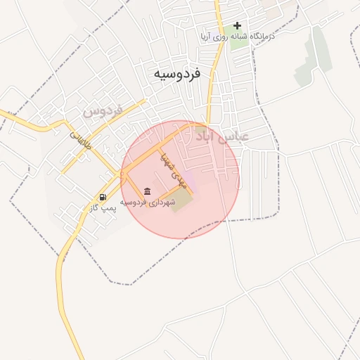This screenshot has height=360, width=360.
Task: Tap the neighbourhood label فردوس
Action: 103,110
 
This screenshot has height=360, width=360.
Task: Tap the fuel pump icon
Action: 103,197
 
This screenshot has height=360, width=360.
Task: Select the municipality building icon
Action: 146,191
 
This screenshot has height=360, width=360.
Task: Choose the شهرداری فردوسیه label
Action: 147,202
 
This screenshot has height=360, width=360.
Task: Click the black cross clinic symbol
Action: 237,25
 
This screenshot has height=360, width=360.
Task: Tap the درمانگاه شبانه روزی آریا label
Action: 237,36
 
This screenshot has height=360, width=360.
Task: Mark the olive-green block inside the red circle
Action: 181,202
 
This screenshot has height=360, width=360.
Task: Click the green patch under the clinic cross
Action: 239,41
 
